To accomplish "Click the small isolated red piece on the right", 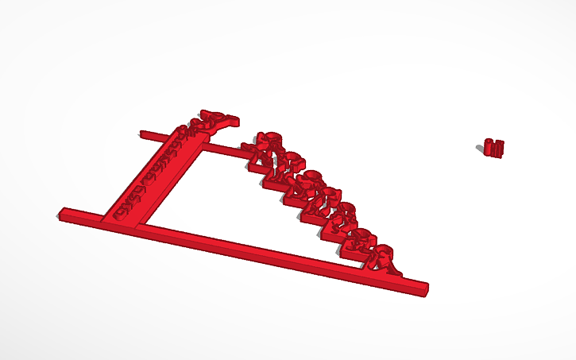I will pos(494,147).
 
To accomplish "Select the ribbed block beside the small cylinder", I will pos(498,148).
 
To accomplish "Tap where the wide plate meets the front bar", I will pos(123,219).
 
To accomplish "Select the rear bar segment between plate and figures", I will pos(222,148).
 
